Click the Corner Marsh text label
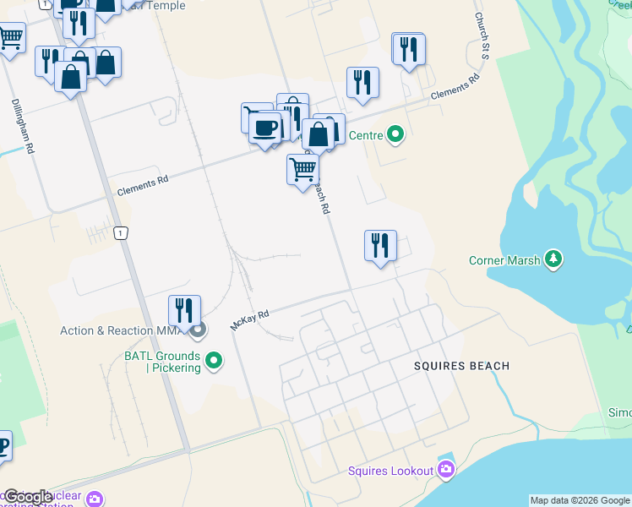504,260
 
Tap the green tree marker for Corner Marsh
553,259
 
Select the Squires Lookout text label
390,470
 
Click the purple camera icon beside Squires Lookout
446,470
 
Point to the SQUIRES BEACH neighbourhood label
461,366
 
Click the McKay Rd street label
249,319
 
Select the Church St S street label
482,35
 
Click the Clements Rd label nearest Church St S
455,88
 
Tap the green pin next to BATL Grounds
214,361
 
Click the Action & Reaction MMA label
123,330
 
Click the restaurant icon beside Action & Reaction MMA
184,310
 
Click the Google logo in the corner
29,497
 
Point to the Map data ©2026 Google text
580,500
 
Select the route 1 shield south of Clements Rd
123,233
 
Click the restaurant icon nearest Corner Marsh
380,246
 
